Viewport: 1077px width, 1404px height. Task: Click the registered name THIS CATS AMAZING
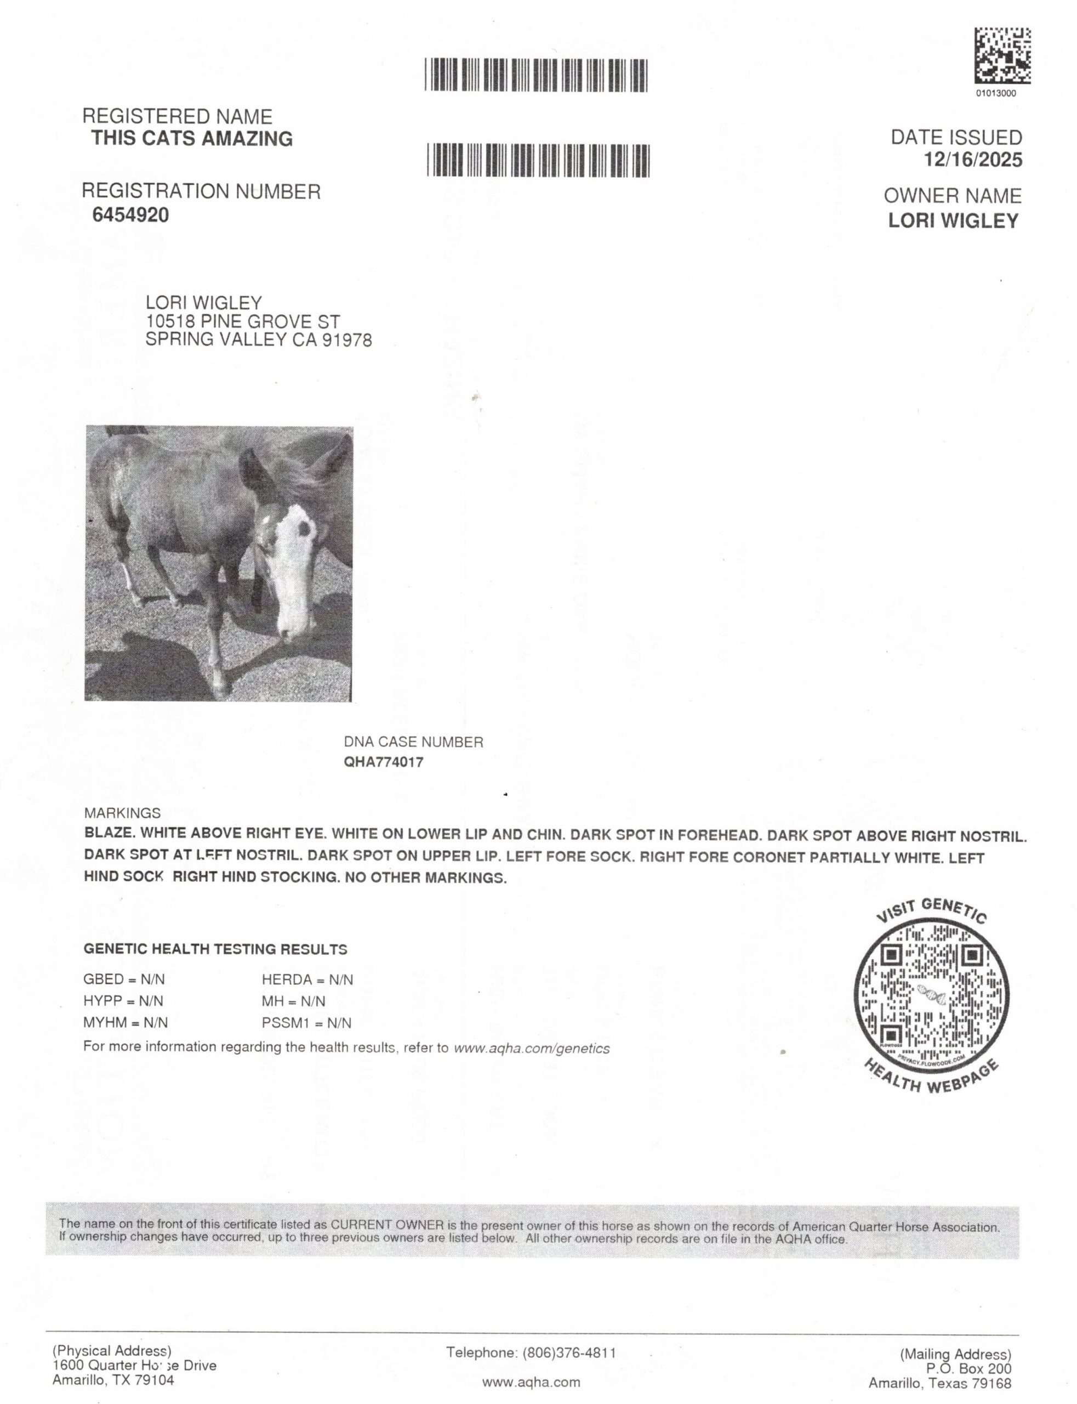click(x=192, y=139)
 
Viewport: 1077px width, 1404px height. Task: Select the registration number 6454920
click(x=131, y=215)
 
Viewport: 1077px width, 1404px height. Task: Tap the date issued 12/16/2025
click(x=972, y=160)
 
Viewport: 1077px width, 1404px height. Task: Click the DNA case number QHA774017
click(x=383, y=763)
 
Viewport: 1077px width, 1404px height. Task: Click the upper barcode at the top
click(x=536, y=75)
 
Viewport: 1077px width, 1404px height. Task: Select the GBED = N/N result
click(x=124, y=980)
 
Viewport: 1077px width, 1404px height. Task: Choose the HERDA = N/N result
click(x=307, y=980)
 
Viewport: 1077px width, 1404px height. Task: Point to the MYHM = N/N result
click(x=125, y=1022)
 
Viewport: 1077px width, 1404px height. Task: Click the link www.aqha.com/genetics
click(x=532, y=1049)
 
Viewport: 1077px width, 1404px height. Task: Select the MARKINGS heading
click(x=122, y=813)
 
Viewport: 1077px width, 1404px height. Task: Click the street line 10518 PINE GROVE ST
click(x=242, y=321)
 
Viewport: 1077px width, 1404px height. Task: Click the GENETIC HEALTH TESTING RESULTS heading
click(x=215, y=949)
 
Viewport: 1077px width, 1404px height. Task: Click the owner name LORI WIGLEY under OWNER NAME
click(x=953, y=220)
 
